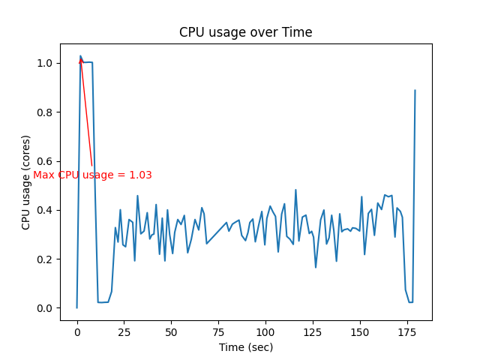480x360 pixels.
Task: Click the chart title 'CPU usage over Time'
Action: click(245, 32)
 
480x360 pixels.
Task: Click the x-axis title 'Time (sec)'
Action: click(245, 347)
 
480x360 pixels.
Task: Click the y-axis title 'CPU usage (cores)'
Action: click(26, 182)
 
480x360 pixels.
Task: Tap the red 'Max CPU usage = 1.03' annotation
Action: click(92, 175)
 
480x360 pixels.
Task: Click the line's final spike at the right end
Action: click(415, 91)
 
